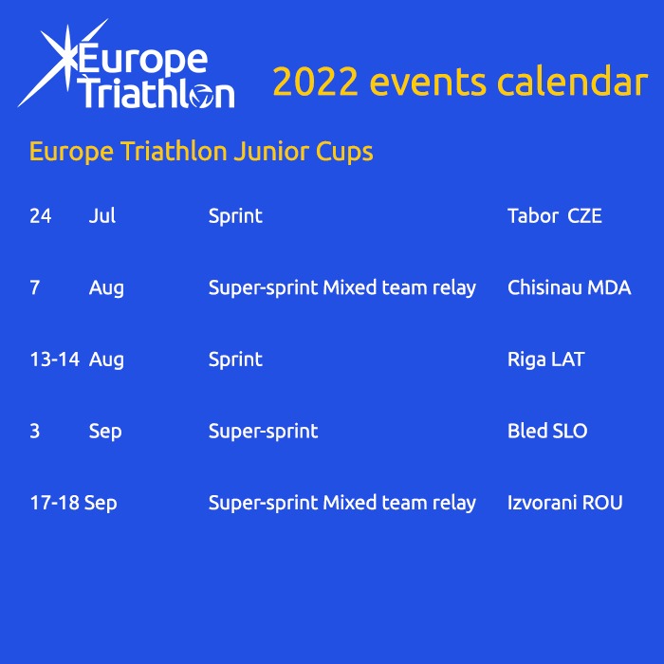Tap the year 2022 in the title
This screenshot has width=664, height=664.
[316, 82]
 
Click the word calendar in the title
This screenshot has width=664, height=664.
[572, 81]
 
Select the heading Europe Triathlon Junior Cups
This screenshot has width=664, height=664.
[201, 152]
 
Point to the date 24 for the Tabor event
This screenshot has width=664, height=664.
[41, 216]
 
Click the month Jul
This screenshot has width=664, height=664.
[102, 216]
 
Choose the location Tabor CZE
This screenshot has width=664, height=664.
[555, 216]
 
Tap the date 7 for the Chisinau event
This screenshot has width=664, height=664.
[35, 288]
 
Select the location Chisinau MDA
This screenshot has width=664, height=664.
[569, 288]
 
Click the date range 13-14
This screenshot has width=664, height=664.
[55, 360]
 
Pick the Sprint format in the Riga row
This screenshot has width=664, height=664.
[235, 360]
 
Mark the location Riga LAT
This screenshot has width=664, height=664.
[545, 360]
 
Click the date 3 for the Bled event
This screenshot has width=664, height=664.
[35, 431]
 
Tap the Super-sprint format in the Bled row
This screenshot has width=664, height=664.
[263, 432]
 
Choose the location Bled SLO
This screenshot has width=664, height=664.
[547, 431]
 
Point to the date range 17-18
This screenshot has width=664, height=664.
[55, 503]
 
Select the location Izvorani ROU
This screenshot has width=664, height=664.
[565, 503]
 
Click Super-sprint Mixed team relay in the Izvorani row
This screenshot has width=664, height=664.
[342, 504]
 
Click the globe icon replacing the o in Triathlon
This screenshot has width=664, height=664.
[201, 96]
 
